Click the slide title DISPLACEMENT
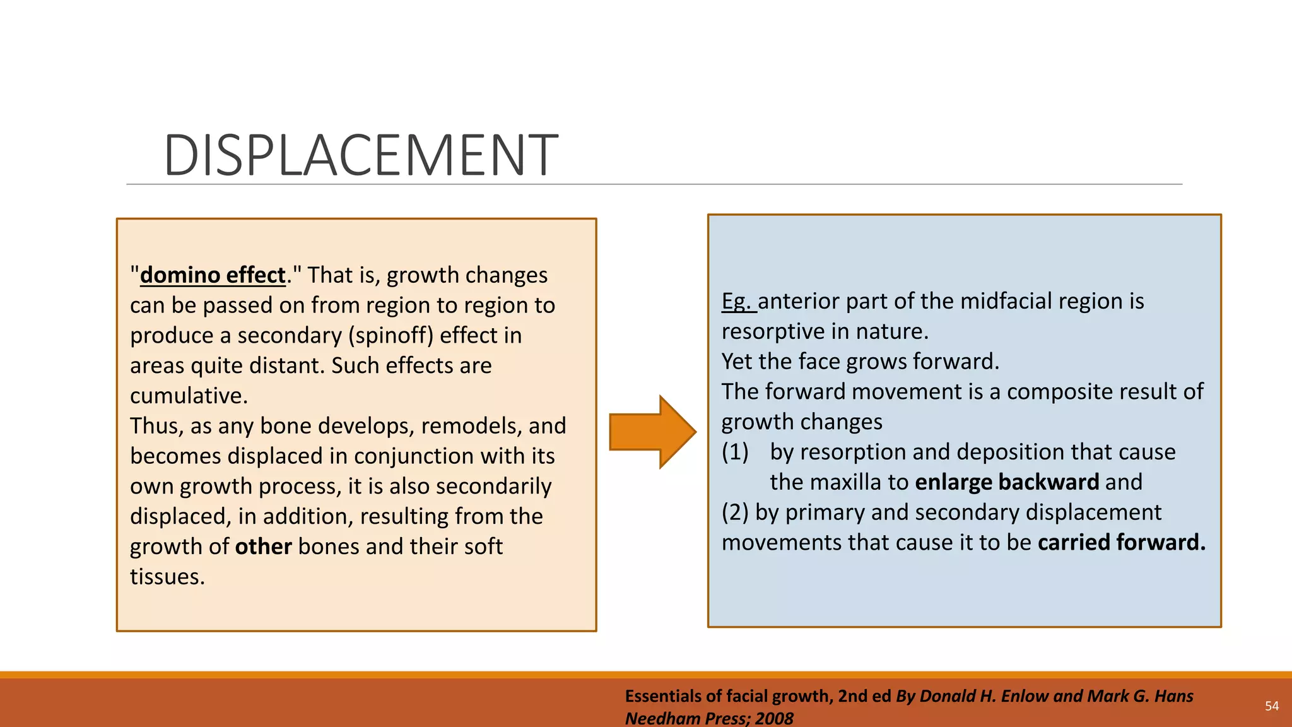tap(360, 155)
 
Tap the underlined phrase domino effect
tap(213, 275)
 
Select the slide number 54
tap(1272, 706)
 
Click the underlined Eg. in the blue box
tap(737, 301)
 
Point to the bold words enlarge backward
tap(1007, 482)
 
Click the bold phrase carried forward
tap(1121, 543)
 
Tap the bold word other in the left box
tap(263, 547)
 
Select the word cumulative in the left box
tap(188, 396)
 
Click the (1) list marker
tap(735, 452)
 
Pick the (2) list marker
tap(735, 512)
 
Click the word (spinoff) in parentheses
tap(391, 335)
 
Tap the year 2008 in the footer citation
tap(774, 718)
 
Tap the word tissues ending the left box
tap(167, 577)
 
